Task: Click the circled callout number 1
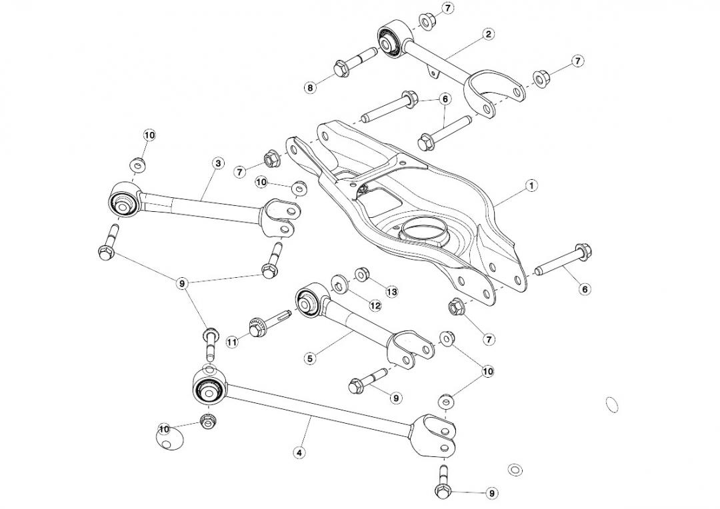[531, 186]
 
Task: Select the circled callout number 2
[489, 33]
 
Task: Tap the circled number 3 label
[217, 163]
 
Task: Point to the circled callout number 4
[299, 452]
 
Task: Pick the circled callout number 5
[310, 358]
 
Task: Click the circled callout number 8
[310, 87]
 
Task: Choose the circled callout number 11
[232, 342]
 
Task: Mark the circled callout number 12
[375, 305]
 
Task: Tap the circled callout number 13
[391, 292]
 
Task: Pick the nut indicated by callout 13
[363, 273]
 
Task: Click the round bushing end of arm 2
[389, 38]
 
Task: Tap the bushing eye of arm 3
[123, 201]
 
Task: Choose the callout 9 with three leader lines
[182, 283]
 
